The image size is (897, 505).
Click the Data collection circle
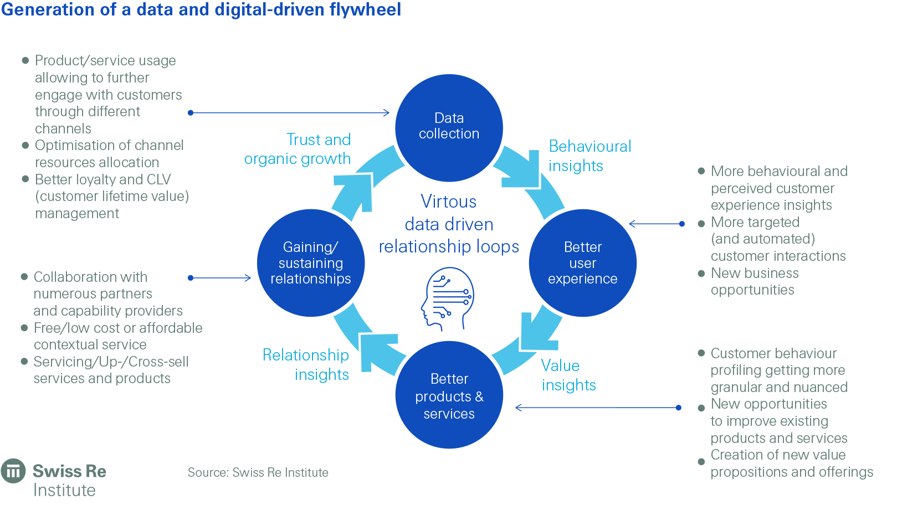click(x=449, y=128)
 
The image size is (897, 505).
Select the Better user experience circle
click(x=582, y=263)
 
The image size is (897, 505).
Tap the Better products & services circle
click(x=449, y=395)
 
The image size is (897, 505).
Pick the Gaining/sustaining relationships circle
click(x=311, y=263)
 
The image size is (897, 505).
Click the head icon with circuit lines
click(x=447, y=299)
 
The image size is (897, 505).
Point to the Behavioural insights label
click(x=590, y=156)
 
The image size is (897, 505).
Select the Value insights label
click(x=568, y=375)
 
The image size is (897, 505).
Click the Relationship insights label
click(x=306, y=364)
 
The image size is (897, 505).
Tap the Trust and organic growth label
click(x=298, y=149)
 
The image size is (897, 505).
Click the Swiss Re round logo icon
click(x=13, y=471)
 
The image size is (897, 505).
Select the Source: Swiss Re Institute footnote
click(x=258, y=472)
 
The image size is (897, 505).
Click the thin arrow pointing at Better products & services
click(x=597, y=408)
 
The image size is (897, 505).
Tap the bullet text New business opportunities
click(x=754, y=281)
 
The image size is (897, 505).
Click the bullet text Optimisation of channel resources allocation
click(x=109, y=153)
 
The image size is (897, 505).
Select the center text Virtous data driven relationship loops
click(x=449, y=224)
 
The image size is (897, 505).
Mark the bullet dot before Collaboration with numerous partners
click(x=24, y=276)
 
